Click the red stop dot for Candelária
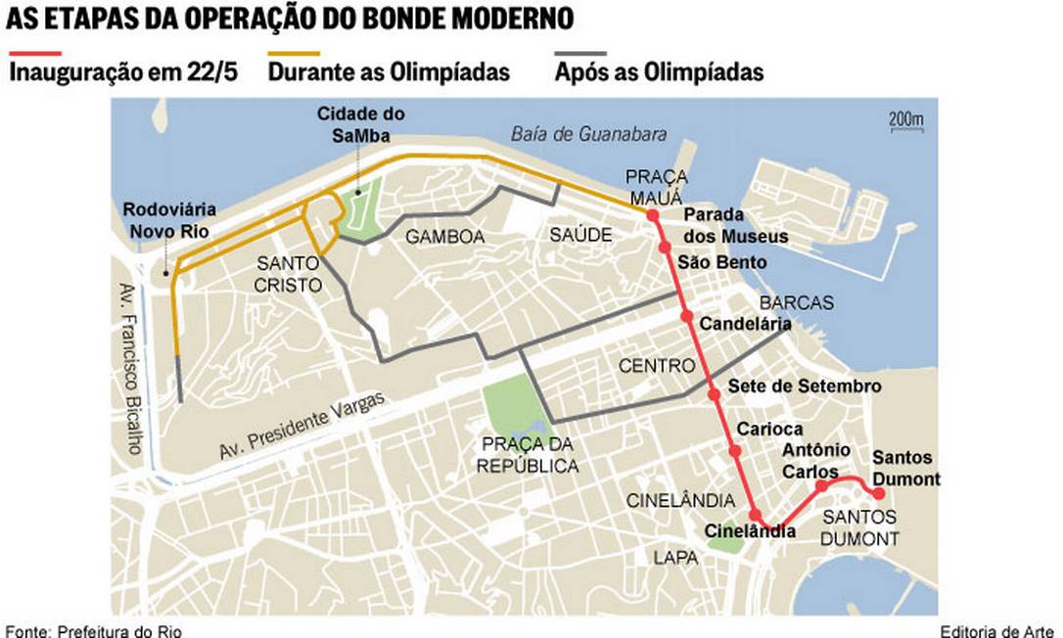click(686, 316)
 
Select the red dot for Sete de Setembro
click(714, 393)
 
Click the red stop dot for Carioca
click(734, 451)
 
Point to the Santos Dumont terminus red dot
click(878, 492)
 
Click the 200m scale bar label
click(905, 119)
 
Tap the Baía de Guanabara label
click(588, 134)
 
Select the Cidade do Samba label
click(360, 123)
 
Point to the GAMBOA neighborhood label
click(444, 237)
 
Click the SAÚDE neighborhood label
click(580, 235)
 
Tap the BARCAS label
click(796, 302)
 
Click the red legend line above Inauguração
click(34, 53)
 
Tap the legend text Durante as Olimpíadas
click(389, 72)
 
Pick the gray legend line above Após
click(580, 53)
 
